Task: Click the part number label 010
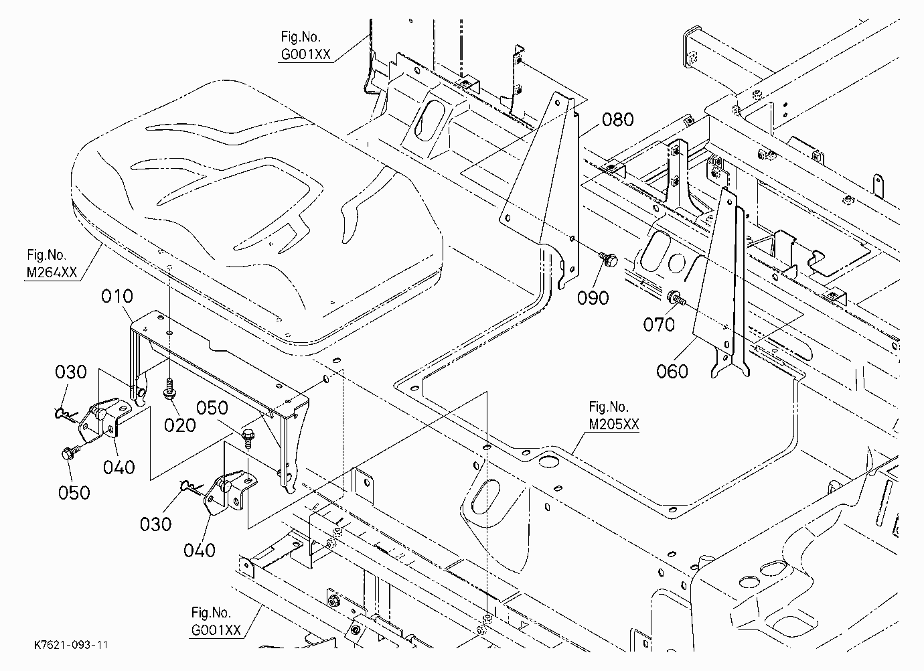[x=117, y=296]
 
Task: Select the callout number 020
[x=180, y=425]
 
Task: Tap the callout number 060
[x=672, y=372]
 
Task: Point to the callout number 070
[x=659, y=325]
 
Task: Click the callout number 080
[x=617, y=120]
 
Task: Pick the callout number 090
[x=593, y=298]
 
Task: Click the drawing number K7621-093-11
[x=72, y=645]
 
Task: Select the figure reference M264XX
[x=52, y=273]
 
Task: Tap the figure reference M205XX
[x=614, y=424]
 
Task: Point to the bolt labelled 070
[x=676, y=298]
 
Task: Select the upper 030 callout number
[x=71, y=372]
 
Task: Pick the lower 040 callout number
[x=200, y=550]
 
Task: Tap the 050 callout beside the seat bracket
[x=212, y=408]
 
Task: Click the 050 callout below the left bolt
[x=74, y=493]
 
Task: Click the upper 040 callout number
[x=119, y=467]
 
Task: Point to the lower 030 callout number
[x=155, y=524]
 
